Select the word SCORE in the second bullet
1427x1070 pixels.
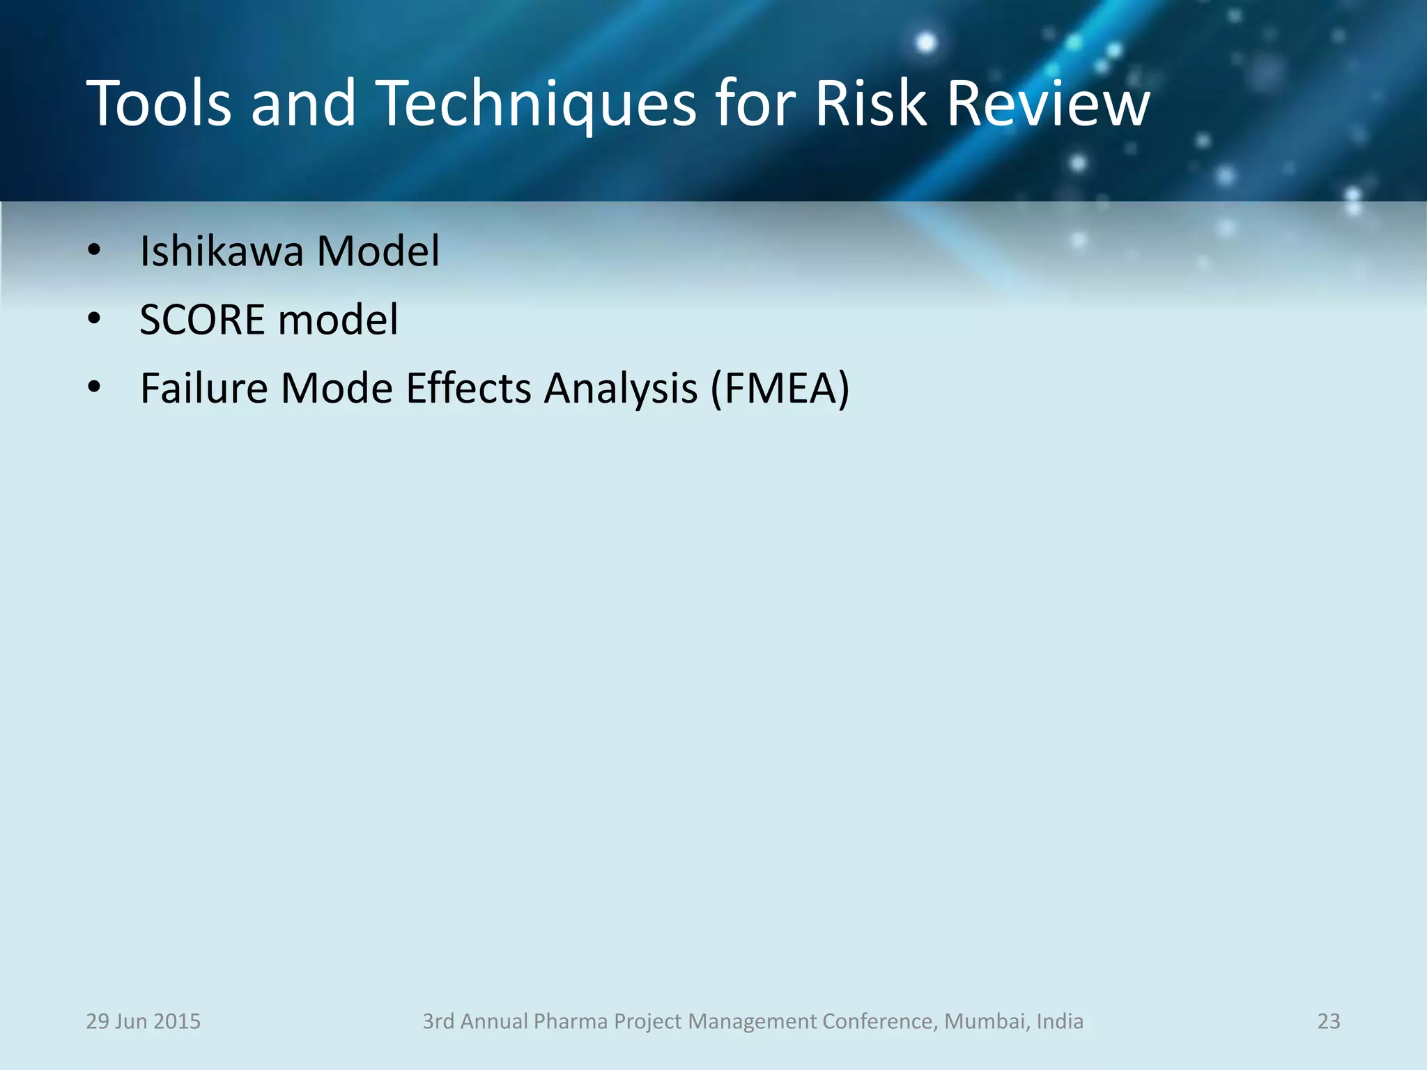click(x=202, y=320)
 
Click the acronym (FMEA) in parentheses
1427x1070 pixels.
click(x=780, y=388)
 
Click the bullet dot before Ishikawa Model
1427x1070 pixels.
click(x=94, y=251)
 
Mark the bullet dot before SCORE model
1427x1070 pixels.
click(x=94, y=320)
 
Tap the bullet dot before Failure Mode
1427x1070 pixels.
click(x=94, y=387)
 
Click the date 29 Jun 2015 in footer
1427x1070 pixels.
click(x=143, y=1021)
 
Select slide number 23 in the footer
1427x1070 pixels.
click(x=1328, y=1021)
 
